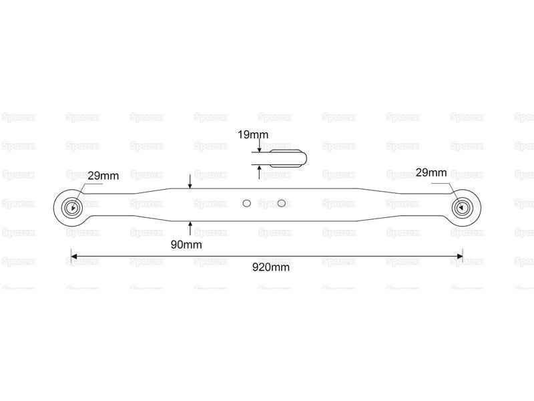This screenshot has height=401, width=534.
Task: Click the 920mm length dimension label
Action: coord(271,267)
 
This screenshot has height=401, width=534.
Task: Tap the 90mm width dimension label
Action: coord(186,245)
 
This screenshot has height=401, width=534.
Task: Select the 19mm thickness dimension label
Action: coord(253,135)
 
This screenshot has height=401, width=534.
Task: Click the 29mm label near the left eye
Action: coord(103,176)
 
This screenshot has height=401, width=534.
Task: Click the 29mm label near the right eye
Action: coord(431,172)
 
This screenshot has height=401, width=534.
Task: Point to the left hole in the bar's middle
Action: coord(247,204)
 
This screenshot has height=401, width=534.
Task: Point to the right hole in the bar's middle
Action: coord(281,204)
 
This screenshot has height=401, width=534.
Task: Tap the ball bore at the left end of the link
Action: coord(71,207)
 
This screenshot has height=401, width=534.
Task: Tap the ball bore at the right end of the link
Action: coord(462,207)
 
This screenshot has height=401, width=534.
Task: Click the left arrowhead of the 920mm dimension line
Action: coord(73,256)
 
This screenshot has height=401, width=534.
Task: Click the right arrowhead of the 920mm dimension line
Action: coord(460,256)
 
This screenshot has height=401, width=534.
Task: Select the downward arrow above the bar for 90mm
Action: coord(190,181)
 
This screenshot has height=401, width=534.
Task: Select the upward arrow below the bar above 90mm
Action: coord(190,229)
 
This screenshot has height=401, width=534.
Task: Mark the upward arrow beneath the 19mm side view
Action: coord(259,172)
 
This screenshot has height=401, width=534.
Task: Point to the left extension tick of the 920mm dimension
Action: coord(71,256)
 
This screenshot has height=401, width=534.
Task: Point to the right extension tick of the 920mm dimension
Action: coord(463,256)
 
